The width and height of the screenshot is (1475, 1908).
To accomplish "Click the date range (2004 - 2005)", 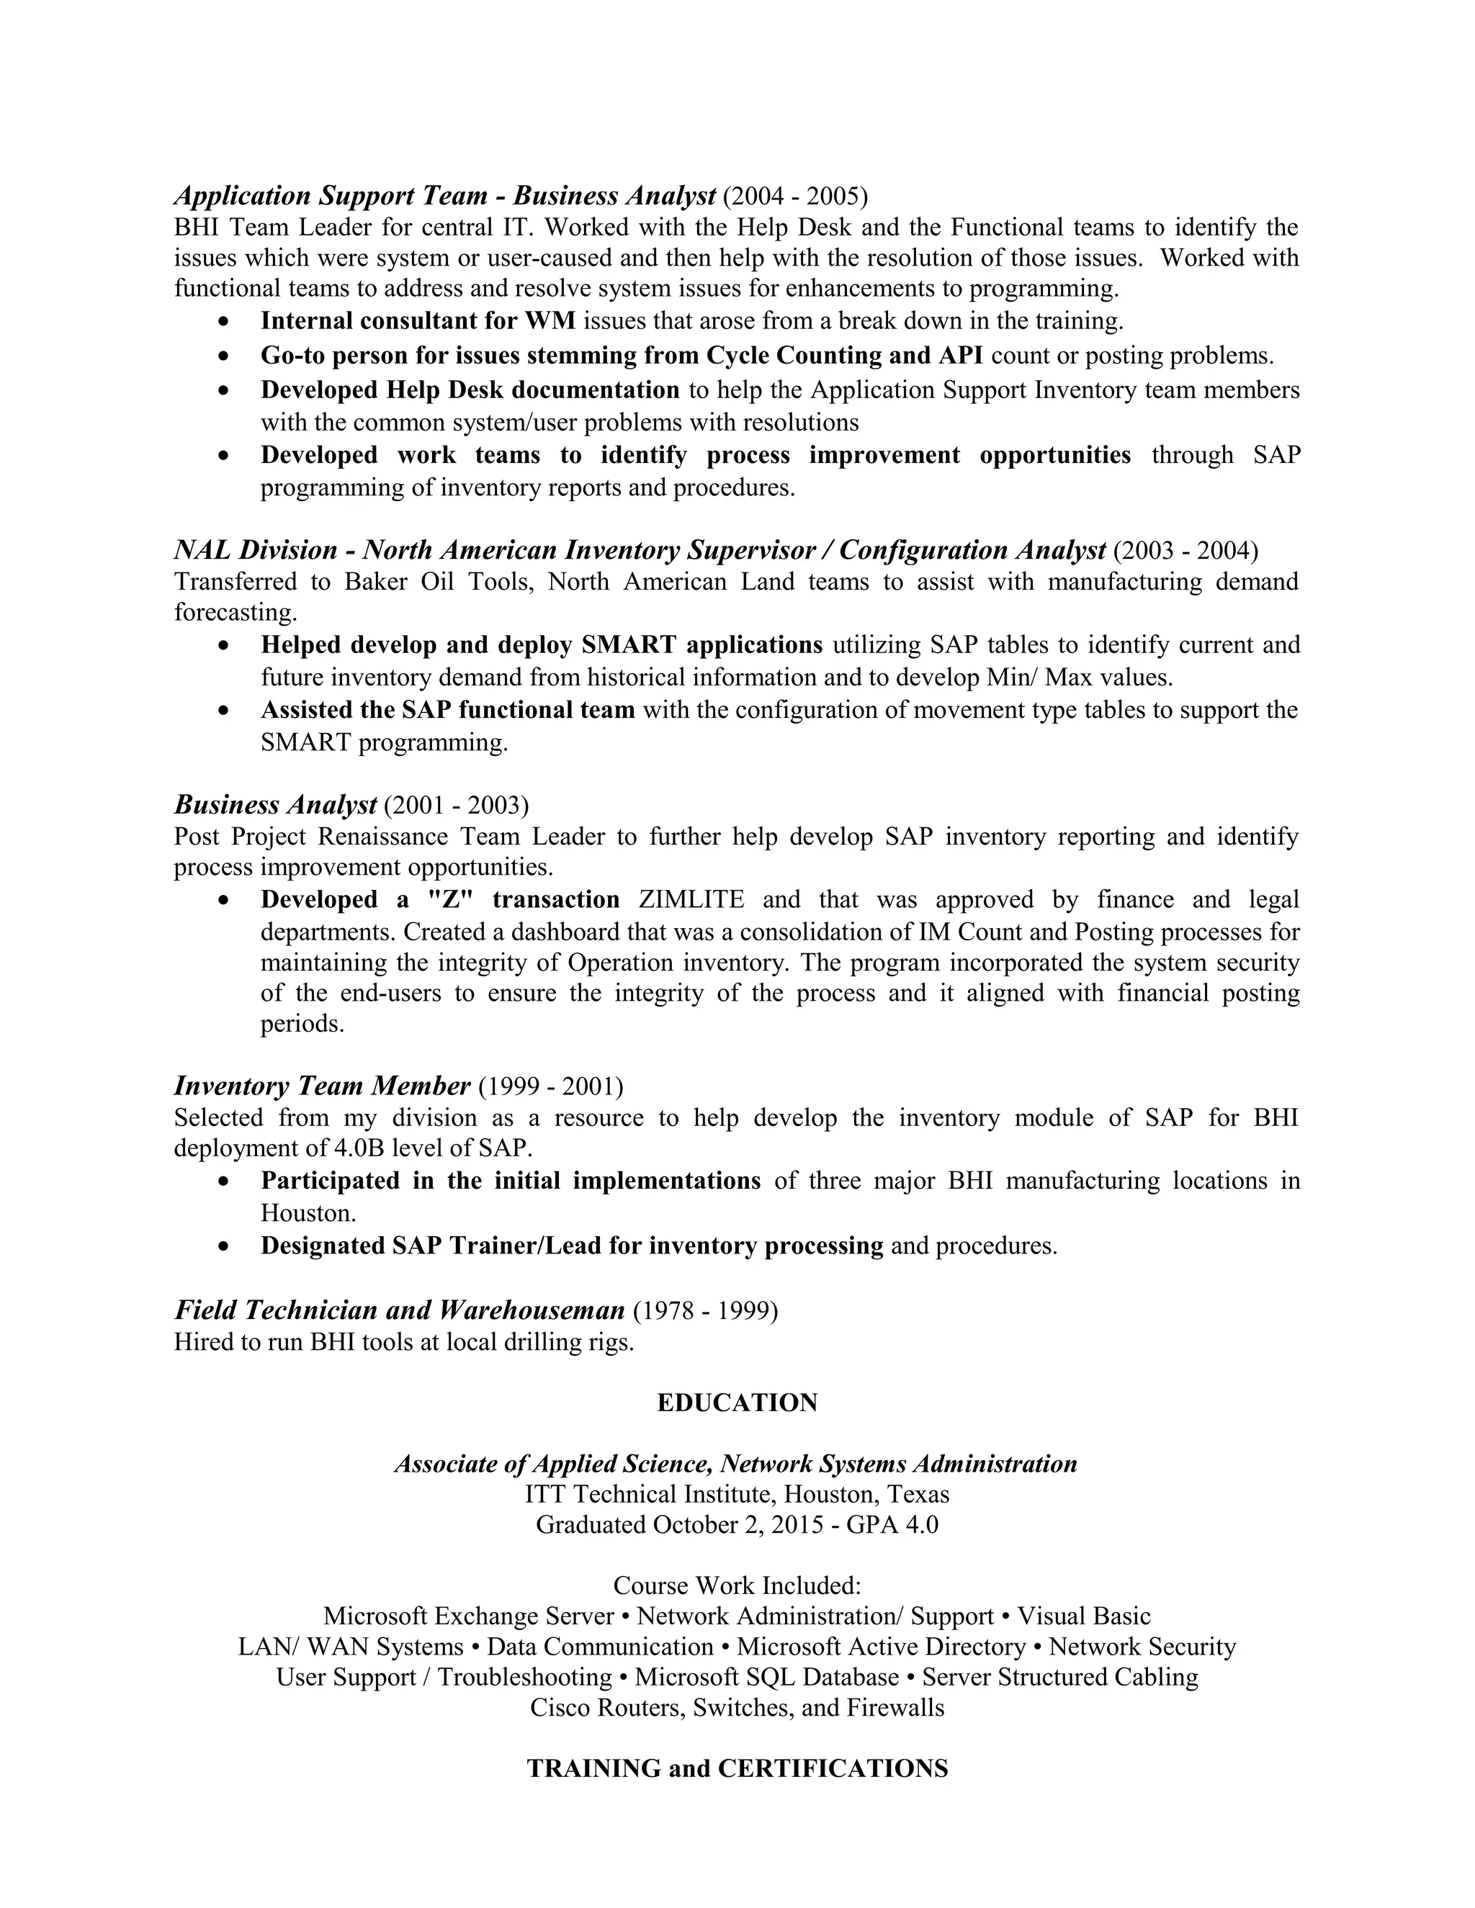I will click(x=795, y=196).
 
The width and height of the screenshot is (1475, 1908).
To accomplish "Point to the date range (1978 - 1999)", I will click(x=704, y=1310).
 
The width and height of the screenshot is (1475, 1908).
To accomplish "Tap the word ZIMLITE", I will click(x=691, y=900).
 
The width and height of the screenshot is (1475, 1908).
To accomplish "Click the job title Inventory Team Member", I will click(x=321, y=1086).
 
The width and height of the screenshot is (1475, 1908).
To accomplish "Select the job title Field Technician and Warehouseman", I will click(x=399, y=1310).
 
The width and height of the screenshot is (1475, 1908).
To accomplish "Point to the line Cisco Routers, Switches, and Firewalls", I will click(x=737, y=1708).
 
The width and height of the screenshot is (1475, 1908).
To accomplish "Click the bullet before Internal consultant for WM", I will click(x=225, y=323).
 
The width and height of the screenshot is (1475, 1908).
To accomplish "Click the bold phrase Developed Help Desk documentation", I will click(x=470, y=390).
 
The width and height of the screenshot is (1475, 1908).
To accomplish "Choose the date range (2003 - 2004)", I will click(x=1185, y=550).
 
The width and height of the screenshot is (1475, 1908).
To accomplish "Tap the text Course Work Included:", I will click(x=737, y=1585).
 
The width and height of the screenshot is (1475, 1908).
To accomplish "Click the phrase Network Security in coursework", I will click(x=1142, y=1647).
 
